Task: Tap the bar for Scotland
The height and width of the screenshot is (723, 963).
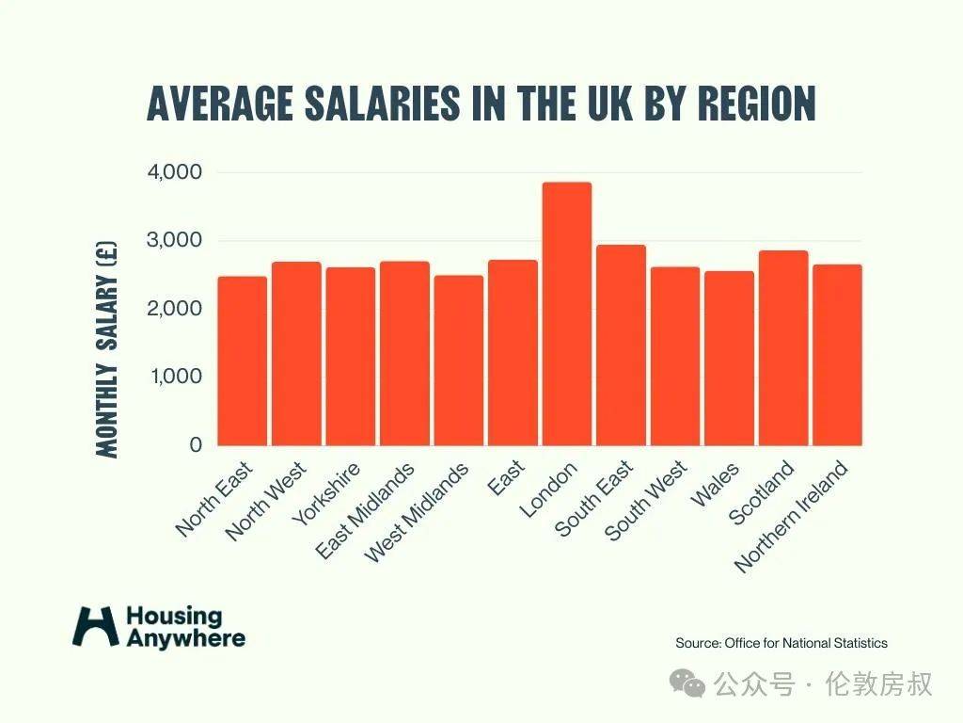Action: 783,347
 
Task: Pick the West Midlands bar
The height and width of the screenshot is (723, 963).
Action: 458,360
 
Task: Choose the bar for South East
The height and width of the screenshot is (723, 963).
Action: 621,345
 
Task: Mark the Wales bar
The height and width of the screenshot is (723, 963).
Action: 729,358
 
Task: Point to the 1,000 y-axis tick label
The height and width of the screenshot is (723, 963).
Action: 175,377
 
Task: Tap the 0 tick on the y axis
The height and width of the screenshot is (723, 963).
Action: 196,444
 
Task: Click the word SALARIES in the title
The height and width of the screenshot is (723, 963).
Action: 383,103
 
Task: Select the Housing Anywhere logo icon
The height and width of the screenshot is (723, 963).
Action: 96,626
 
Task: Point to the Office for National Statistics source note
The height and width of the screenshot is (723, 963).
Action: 781,643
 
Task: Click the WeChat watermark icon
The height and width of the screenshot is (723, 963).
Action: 694,683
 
